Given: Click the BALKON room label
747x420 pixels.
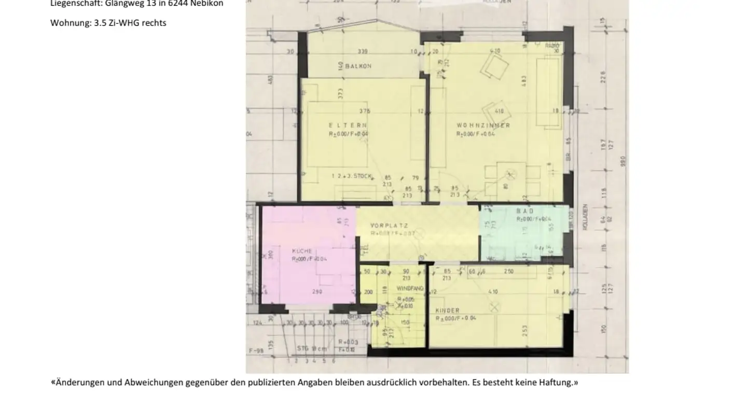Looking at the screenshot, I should [x=358, y=66].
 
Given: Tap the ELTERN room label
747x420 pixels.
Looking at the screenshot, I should [x=348, y=125].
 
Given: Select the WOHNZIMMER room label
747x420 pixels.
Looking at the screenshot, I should [x=483, y=125].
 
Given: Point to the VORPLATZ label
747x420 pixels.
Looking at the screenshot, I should [x=389, y=226].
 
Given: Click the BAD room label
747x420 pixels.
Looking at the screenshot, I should [x=525, y=211].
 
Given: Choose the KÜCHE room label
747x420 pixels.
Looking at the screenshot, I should [x=302, y=251].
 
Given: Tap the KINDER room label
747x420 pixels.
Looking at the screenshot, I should [x=447, y=311].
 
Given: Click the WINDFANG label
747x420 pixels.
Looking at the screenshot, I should [x=410, y=288].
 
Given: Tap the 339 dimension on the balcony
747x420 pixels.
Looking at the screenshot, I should [x=363, y=51].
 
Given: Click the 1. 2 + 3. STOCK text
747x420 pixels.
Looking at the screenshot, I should [x=351, y=176].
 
